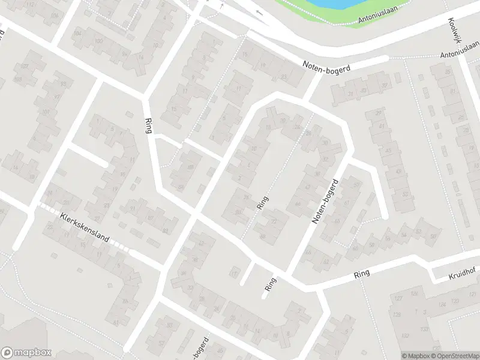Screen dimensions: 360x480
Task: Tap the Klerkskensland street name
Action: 85,229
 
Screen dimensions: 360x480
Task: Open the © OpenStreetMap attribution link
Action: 454,356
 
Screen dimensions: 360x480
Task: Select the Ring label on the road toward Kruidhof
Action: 362,273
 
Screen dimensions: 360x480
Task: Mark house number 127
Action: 398,298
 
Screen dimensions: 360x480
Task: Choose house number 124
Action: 442,305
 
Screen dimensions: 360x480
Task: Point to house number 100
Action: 98,41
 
